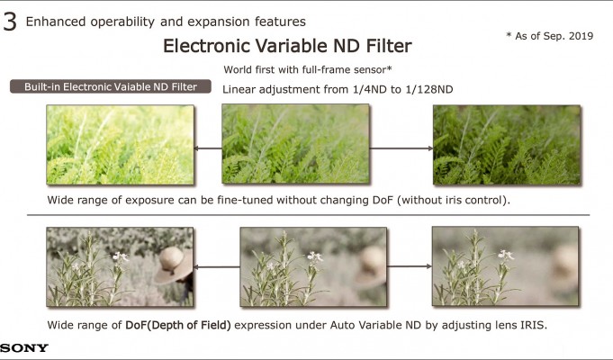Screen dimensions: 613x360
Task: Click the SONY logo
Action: [x=23, y=348]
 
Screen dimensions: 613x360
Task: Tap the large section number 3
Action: [x=10, y=22]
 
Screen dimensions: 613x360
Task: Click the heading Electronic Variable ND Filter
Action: [x=287, y=46]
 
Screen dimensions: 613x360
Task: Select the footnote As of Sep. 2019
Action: [x=550, y=36]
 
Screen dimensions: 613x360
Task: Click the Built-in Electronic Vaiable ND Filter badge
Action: [x=111, y=86]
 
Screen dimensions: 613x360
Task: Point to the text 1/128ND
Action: [x=428, y=89]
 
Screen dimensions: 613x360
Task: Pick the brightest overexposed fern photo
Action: [x=120, y=145]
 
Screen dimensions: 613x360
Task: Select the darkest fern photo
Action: [x=507, y=145]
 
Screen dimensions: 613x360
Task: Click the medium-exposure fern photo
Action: [x=295, y=143]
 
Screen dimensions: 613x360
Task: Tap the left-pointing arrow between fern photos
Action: [x=208, y=148]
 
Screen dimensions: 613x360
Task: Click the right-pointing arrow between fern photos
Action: [x=401, y=148]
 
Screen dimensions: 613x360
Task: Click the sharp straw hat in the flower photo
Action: [x=174, y=265]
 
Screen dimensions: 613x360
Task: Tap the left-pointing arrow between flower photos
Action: [x=217, y=267]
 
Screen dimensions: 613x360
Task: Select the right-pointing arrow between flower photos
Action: [x=410, y=266]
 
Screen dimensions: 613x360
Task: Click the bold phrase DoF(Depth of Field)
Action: [x=178, y=325]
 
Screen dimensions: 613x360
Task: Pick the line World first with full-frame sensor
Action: [x=308, y=70]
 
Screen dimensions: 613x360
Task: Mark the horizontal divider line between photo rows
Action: [x=308, y=215]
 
